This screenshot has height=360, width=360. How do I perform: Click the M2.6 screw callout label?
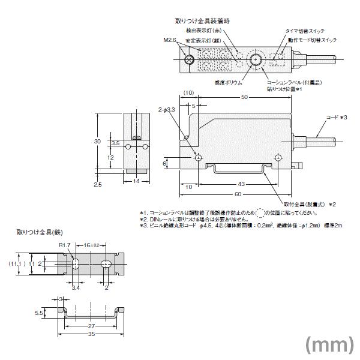(169, 40)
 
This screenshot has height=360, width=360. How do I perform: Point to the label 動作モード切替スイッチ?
(313, 40)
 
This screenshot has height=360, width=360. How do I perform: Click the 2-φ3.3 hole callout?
(167, 110)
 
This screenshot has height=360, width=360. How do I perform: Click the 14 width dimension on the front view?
(136, 181)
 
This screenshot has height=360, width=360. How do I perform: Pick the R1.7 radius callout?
(65, 245)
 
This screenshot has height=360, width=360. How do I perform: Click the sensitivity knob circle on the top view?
(257, 59)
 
